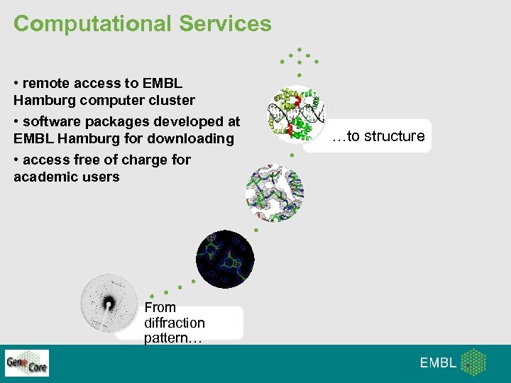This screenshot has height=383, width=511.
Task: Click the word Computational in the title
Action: pos(93,23)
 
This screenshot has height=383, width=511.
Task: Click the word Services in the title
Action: pos(225,23)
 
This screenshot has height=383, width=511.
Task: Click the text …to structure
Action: pos(378,136)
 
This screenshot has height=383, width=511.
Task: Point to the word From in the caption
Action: pos(160,307)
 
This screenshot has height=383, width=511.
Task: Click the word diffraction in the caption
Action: pos(174,323)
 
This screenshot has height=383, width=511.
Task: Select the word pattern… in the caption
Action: pos(172,338)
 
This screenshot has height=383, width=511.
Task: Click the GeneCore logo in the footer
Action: pos(27,363)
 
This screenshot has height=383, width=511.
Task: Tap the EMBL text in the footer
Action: pos(438,363)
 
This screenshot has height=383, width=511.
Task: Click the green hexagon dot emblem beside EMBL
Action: pos(473,362)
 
